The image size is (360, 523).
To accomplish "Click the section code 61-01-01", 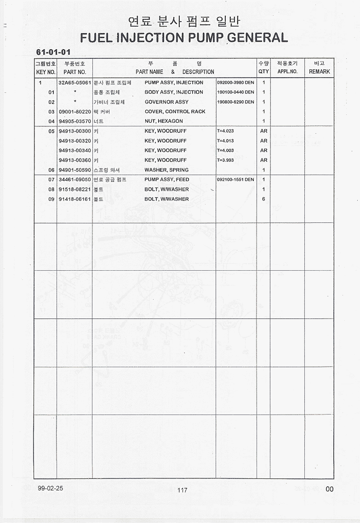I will tap(53, 52).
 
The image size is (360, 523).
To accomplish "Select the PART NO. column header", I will tap(75, 72).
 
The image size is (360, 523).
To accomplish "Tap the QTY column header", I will tap(263, 72).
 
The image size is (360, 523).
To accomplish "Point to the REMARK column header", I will tap(319, 72).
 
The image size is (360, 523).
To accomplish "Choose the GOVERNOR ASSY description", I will tap(166, 102).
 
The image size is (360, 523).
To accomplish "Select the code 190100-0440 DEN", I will tap(235, 92).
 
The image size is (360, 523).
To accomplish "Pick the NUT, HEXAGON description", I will tap(164, 121).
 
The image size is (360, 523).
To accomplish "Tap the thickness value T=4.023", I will tap(225, 131).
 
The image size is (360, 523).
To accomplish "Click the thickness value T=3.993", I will tap(225, 160).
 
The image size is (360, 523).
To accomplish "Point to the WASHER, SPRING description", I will tap(166, 170).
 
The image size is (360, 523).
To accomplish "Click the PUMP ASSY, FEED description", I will tap(166, 180).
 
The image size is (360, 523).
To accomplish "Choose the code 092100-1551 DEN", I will tap(235, 180).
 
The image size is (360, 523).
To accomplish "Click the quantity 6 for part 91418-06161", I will tap(263, 199).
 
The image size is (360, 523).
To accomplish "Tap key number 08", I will tap(51, 189).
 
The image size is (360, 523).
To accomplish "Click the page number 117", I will tap(182, 490).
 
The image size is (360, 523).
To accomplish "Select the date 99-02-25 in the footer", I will tap(51, 488).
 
